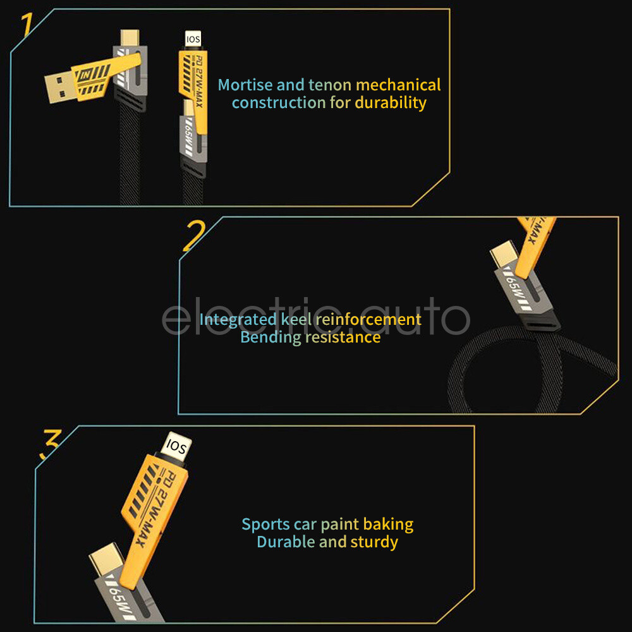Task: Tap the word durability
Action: coord(391,103)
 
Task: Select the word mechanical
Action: coord(398,85)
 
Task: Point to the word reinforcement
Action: coord(368,320)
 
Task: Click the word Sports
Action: coord(265,525)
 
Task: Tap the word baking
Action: coord(388,525)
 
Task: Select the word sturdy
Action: coord(374,542)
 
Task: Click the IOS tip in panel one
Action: coord(193,39)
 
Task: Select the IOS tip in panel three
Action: coord(177,447)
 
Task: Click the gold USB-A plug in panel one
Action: coord(59,87)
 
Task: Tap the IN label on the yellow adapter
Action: coord(85,75)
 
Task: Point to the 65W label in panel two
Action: coord(515,290)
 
